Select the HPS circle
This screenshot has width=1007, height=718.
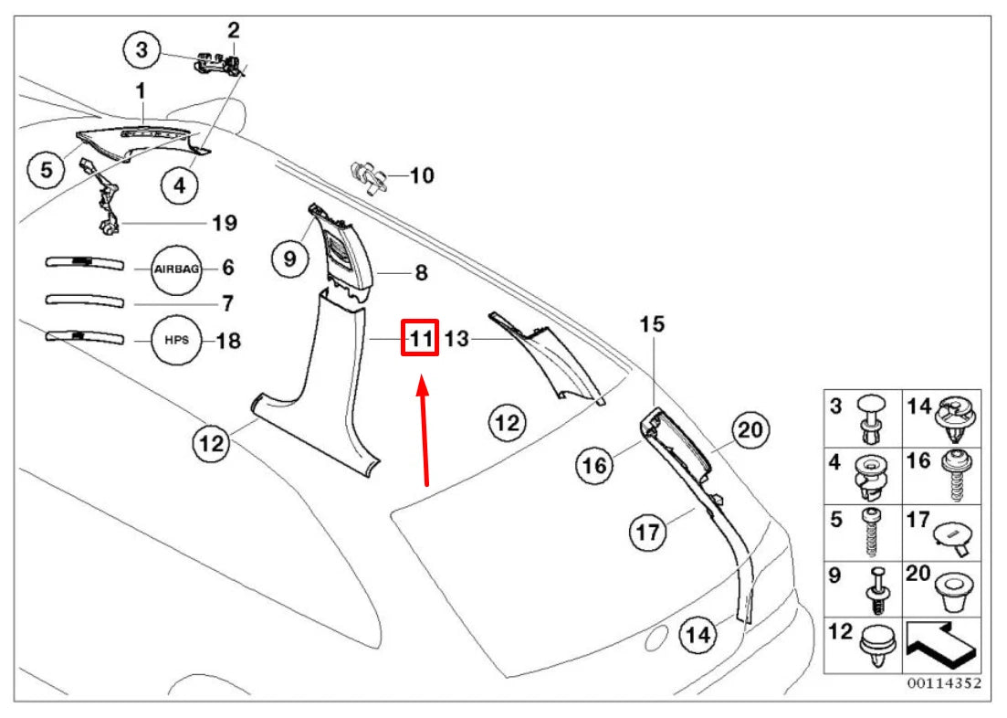pos(177,340)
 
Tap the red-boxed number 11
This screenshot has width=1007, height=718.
pos(420,339)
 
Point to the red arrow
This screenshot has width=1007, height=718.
pos(425,428)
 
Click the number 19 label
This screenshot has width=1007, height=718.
pos(225,223)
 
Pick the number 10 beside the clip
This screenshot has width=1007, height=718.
pos(422,174)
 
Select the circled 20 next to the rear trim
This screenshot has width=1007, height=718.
pos(749,430)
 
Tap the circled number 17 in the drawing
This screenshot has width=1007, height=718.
pos(648,531)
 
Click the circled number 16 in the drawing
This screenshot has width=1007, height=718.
pos(594,465)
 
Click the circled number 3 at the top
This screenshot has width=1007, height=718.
pos(142,49)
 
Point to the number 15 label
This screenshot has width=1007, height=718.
pos(653,323)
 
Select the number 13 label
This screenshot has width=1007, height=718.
pos(456,340)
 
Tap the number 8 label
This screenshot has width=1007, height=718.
pos(421,272)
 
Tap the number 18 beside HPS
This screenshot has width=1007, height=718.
pos(228,341)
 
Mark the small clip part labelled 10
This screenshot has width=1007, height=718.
pos(368,176)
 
